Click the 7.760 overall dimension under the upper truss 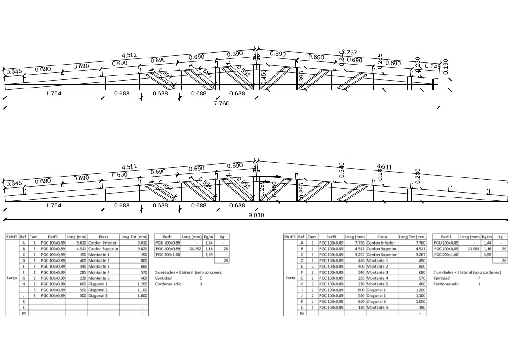tap(221, 104)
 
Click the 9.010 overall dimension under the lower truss tap(256, 215)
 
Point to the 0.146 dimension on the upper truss tap(432, 66)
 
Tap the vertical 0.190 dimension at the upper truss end tap(445, 67)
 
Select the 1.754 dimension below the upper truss tap(53, 93)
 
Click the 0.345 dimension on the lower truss tap(14, 183)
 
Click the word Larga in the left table tap(12, 277)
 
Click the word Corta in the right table tap(290, 277)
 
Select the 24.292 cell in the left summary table tap(192, 248)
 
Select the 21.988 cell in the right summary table tap(470, 248)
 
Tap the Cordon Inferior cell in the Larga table tap(103, 243)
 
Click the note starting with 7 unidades tap(467, 272)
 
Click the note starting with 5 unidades tap(189, 272)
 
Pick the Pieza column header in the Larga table tap(103, 237)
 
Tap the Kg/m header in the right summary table tap(487, 237)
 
